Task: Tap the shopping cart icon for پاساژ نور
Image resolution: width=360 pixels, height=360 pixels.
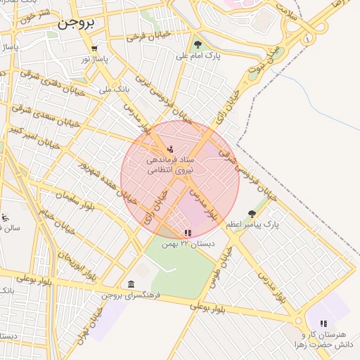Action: [x=94, y=49]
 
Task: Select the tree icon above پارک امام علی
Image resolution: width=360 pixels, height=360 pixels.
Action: [x=198, y=44]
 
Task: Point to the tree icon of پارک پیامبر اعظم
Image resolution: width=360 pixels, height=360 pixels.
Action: [x=251, y=214]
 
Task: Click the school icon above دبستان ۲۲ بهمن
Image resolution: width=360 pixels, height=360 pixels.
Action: [x=186, y=233]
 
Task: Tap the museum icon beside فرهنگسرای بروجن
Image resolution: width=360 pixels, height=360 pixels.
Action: [x=131, y=284]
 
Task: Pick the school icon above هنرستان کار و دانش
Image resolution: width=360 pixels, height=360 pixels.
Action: [x=323, y=323]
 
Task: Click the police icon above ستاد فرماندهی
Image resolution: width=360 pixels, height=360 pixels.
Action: [x=171, y=149]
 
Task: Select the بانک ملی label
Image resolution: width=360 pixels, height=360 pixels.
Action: [x=112, y=90]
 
